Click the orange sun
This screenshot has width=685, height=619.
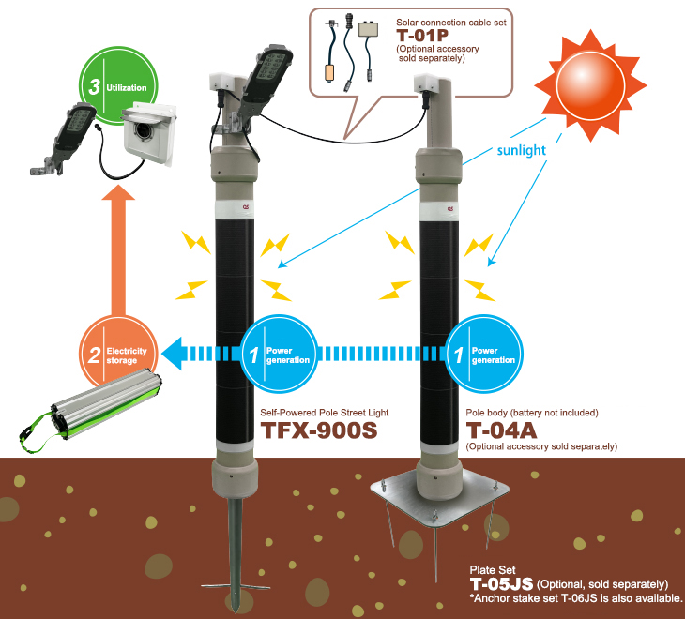[590, 85]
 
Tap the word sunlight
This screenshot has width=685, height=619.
[521, 150]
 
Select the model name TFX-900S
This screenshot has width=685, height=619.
[319, 430]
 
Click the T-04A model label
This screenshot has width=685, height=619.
[501, 430]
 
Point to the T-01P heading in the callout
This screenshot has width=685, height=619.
[422, 36]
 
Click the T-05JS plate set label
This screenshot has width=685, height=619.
[501, 584]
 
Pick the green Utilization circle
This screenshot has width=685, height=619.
[118, 85]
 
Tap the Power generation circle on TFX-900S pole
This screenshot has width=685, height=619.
[279, 355]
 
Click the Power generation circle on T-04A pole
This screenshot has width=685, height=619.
[483, 355]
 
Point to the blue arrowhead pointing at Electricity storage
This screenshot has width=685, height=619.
[172, 354]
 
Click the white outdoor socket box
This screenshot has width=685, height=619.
[148, 131]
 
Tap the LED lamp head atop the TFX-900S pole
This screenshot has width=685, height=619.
[266, 79]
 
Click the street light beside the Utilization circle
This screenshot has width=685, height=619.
[64, 139]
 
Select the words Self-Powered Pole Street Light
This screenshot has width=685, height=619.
[324, 413]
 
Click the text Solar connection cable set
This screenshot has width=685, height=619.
[450, 23]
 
